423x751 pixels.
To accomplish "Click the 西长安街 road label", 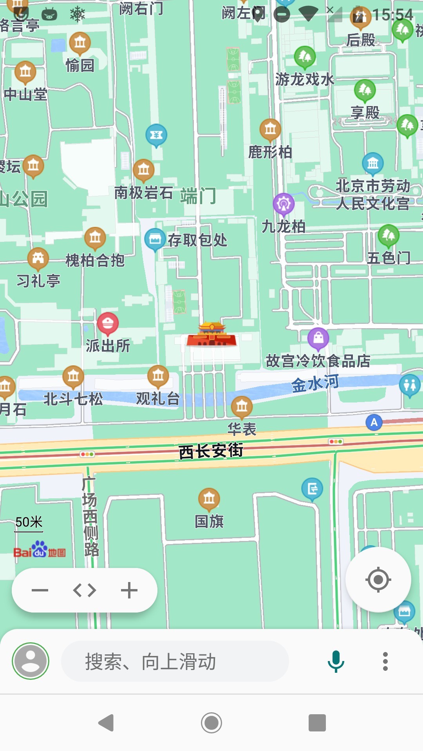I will (x=211, y=451).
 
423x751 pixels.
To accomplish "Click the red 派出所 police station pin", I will (x=108, y=323).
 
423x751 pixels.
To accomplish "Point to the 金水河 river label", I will (x=315, y=383).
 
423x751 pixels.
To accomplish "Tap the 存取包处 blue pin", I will (x=155, y=239).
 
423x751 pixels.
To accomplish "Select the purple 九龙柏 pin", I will (x=284, y=204).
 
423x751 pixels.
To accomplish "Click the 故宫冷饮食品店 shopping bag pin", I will (x=318, y=338).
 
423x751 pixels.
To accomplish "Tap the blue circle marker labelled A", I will (x=374, y=422).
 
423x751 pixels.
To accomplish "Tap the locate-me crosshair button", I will (x=378, y=579).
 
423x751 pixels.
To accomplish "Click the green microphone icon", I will (x=336, y=661).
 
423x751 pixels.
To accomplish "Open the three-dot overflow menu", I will (x=385, y=661).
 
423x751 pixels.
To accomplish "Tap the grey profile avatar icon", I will (x=31, y=661).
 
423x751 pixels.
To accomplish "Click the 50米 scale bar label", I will (x=29, y=522).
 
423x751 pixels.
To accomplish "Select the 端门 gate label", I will (x=198, y=196).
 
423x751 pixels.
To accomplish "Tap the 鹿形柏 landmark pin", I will (x=270, y=129).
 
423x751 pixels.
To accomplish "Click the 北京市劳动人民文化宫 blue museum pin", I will (x=372, y=163).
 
